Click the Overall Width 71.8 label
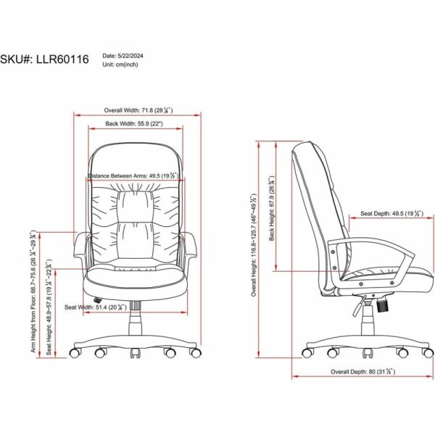138,110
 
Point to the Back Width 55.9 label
134,124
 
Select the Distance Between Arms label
135,175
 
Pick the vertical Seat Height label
49,305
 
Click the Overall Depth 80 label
362,370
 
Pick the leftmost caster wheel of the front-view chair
74,353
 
